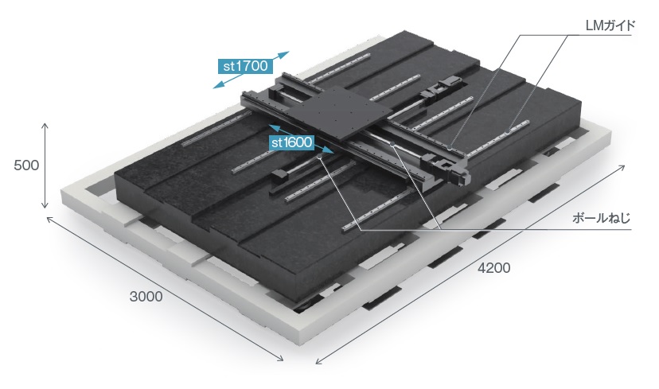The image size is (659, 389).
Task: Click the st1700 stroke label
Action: click(245, 66)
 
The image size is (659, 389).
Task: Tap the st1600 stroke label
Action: click(291, 142)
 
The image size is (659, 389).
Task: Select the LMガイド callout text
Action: click(610, 25)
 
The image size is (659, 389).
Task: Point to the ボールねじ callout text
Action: click(602, 219)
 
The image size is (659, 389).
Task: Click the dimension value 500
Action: click(26, 165)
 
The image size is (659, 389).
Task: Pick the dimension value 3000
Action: click(146, 296)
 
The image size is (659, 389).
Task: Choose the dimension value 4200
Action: click(493, 267)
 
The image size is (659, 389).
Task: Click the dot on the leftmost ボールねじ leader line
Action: click(320, 156)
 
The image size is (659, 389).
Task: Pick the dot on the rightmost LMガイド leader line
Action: click(508, 131)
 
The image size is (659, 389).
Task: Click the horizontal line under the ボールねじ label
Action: click(496, 230)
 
